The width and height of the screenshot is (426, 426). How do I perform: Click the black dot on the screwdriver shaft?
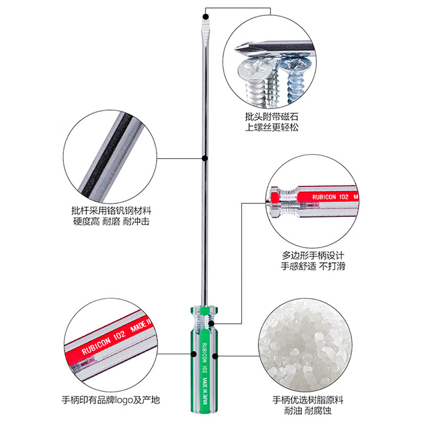click(x=204, y=158)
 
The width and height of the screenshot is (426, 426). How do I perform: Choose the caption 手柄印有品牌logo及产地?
click(x=110, y=400)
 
